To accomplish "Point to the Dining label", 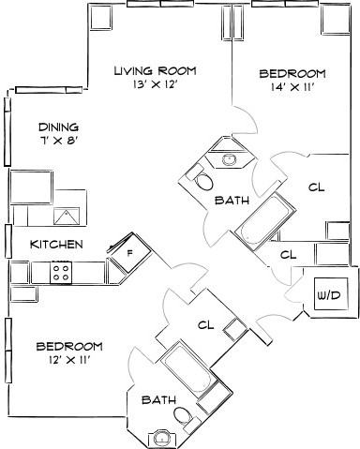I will click(x=58, y=127).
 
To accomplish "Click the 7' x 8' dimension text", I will click(x=58, y=142).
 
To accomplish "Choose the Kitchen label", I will click(x=56, y=245).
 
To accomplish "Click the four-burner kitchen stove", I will click(x=63, y=272).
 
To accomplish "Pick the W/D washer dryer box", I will click(x=329, y=295).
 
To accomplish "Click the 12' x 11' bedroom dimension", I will click(x=63, y=360).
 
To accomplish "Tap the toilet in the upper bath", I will click(x=200, y=176).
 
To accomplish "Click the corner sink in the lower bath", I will click(x=163, y=436).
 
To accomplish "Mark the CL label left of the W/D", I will click(x=289, y=254).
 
